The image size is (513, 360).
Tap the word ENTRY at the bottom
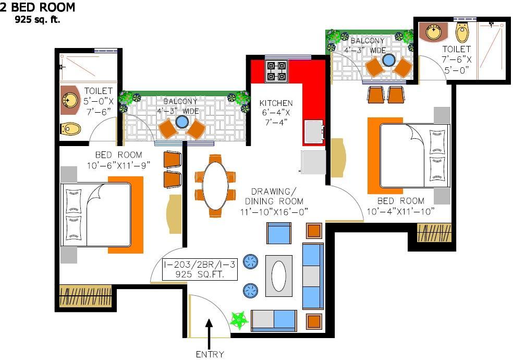210,354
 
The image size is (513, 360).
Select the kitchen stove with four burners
276,71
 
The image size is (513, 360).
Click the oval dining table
215,186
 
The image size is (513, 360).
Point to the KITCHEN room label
276,103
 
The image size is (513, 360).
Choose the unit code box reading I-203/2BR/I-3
200,269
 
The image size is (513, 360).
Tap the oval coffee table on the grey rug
279,276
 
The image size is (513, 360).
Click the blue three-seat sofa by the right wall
313,276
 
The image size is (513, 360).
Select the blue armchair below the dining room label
279,233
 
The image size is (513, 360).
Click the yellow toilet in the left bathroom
70,129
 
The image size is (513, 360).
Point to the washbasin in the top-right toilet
434,32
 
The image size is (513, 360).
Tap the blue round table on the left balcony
182,122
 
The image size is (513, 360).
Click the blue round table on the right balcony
388,60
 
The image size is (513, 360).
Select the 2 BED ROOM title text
38,7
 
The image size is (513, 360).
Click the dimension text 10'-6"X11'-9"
118,165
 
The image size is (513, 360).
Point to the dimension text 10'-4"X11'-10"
400,211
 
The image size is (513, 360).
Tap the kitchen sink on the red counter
314,132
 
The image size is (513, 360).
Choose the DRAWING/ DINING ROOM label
274,196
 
